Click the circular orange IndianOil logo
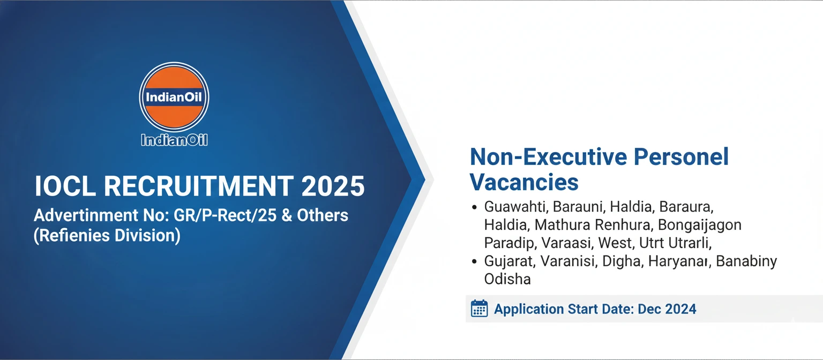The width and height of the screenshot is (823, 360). point(174,97)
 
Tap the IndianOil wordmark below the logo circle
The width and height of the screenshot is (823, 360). point(174,140)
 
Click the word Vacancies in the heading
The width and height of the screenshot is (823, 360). point(524,182)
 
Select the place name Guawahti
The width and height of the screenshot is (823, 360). point(515,207)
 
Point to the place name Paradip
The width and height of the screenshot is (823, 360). point(510,243)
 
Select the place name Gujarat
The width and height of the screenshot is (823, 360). point(509,261)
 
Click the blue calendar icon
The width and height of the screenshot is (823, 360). point(479,309)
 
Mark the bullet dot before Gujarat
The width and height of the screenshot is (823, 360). point(474,261)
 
